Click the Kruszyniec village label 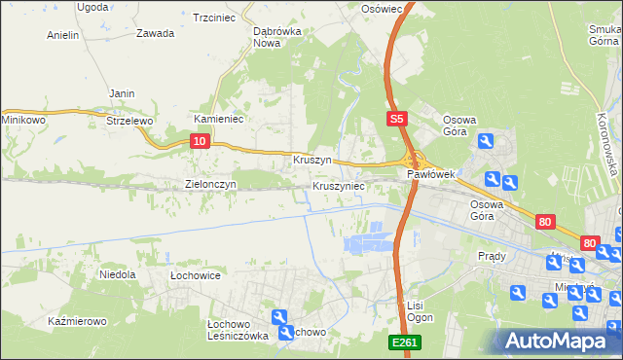pos(339,185)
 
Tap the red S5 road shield pos(394,120)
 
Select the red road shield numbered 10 pos(199,142)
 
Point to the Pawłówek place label pos(431,174)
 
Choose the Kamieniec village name pos(218,119)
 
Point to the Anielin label pos(63,35)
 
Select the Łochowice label pos(196,275)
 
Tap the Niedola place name pos(118,275)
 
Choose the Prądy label pos(492,256)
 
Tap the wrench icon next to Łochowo pos(280,317)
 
